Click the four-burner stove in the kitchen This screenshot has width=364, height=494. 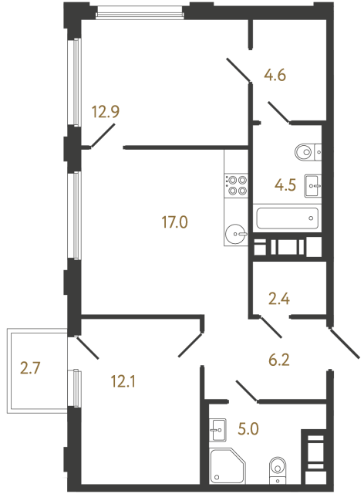click(x=236, y=184)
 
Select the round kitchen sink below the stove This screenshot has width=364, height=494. click(x=236, y=232)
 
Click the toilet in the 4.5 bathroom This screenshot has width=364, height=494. click(x=308, y=152)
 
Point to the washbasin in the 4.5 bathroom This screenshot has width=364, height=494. click(x=313, y=184)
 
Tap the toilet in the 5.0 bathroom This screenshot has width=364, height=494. click(x=278, y=469)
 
